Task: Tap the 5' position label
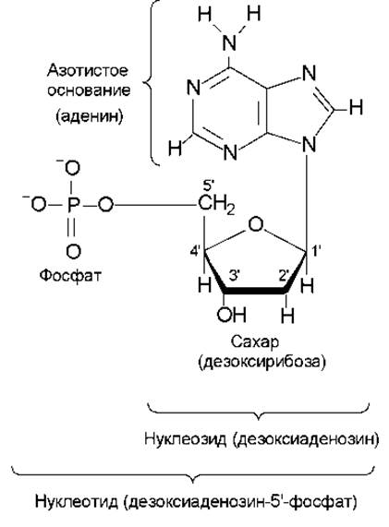point(209,186)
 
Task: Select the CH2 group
point(216,205)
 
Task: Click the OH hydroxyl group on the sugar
point(232,314)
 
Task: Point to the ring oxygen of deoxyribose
point(255,224)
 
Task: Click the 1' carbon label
point(316,251)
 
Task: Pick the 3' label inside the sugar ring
point(234,275)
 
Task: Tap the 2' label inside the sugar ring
point(285,275)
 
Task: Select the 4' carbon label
point(196,251)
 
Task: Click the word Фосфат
point(70,276)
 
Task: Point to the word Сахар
point(255,341)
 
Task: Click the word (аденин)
point(90,116)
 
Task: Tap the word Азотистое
point(88,70)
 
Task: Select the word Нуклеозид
point(186,438)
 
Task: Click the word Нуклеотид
point(77,502)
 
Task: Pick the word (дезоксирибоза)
point(262,362)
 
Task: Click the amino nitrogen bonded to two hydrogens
point(230,42)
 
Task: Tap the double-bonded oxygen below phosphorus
point(73,251)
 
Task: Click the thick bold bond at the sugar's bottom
point(255,291)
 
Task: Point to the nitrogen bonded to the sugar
point(309,145)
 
